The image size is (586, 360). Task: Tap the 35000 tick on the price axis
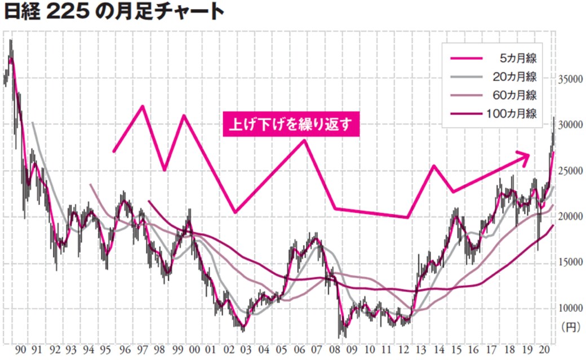coord(570,79)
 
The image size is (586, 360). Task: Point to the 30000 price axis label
coord(570,125)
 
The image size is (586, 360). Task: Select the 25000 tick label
coord(570,171)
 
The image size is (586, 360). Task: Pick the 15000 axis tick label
coord(570,263)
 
